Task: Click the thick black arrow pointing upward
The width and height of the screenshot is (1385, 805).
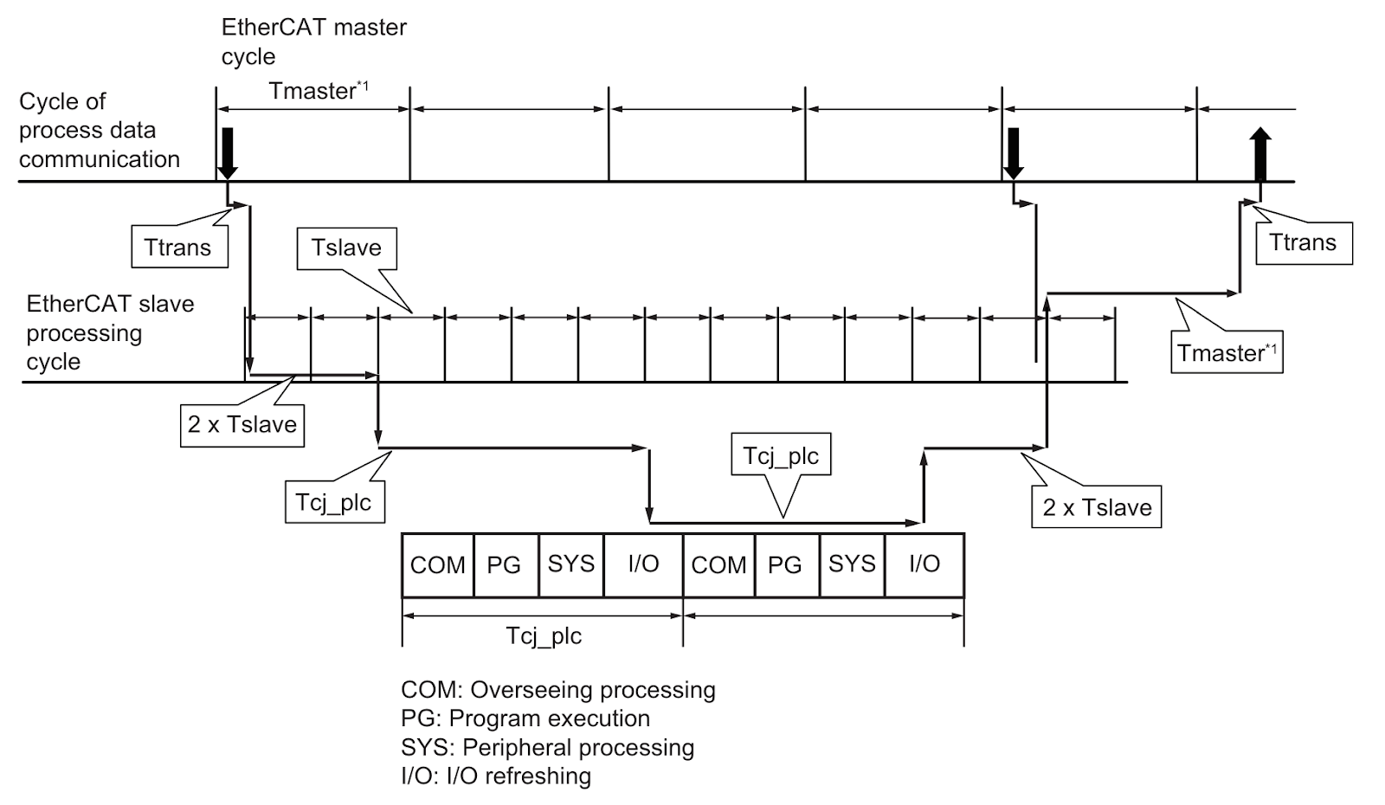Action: [1260, 155]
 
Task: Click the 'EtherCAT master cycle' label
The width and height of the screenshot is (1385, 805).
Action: [313, 42]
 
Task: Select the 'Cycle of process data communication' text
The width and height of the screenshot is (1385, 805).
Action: [99, 130]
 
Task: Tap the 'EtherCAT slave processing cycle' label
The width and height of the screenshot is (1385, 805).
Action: [110, 332]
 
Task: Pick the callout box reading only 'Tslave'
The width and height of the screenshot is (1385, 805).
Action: [347, 248]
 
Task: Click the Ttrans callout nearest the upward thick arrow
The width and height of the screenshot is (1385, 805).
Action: [1304, 242]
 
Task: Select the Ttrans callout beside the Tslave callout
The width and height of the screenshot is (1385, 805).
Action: [179, 248]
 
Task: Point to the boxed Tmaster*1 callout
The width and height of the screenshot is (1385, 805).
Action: [1227, 352]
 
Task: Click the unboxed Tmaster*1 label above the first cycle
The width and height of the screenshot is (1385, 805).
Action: [319, 91]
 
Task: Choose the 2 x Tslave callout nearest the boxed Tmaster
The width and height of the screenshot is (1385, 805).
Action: [1096, 507]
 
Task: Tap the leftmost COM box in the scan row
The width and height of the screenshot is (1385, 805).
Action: [438, 565]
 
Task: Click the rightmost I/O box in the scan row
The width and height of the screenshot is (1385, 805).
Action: [924, 565]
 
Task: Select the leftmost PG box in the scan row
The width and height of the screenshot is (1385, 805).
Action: [506, 565]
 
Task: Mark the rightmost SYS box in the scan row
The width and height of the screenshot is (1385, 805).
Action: [852, 565]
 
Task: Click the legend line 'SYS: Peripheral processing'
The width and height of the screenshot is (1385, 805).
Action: [547, 748]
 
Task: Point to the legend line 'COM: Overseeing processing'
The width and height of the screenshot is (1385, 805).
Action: [557, 689]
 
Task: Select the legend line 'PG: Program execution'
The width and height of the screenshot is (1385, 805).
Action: [525, 718]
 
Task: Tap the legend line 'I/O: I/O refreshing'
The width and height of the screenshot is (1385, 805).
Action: [496, 776]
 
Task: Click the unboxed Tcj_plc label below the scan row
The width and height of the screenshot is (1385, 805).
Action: [544, 636]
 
